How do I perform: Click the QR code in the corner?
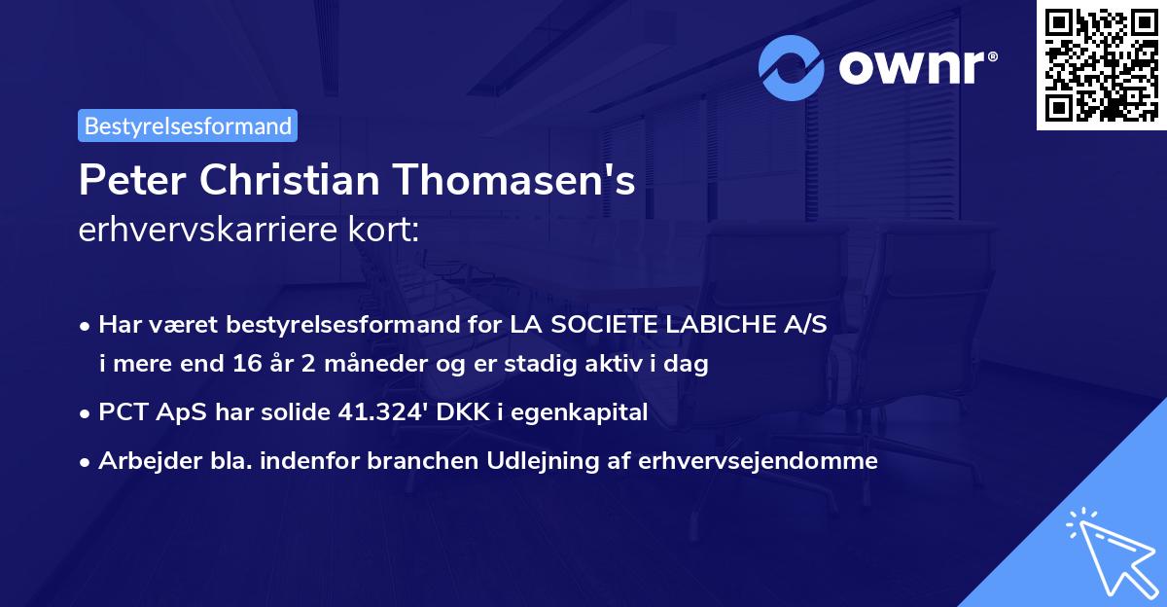[x=1101, y=65]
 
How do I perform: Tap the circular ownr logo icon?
[x=792, y=67]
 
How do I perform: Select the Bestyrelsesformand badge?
[x=188, y=125]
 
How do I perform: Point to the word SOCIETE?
[x=608, y=325]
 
